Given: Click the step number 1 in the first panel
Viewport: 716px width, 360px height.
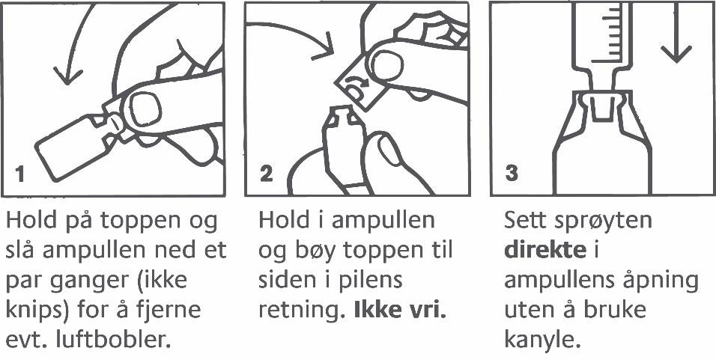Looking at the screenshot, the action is click(19, 174).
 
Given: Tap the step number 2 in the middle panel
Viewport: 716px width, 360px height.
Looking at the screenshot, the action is click(266, 174).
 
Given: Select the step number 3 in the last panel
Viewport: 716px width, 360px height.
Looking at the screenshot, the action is click(512, 174).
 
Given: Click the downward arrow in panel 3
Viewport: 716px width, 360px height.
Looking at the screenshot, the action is click(676, 32).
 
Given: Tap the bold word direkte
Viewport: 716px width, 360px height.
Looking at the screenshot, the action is click(544, 251).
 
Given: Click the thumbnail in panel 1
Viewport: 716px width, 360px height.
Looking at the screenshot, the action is click(145, 109).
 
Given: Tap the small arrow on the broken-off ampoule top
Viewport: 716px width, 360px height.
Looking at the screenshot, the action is click(354, 82).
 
